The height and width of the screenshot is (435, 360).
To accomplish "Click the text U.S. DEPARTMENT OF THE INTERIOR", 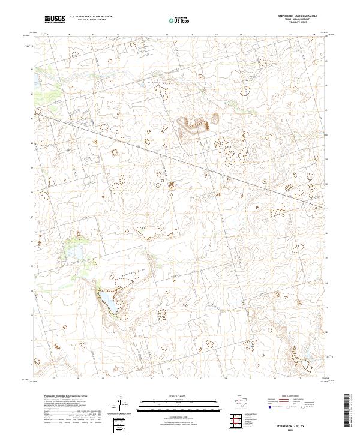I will coord(91,16).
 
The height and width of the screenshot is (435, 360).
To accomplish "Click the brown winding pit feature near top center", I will coord(196,124).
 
